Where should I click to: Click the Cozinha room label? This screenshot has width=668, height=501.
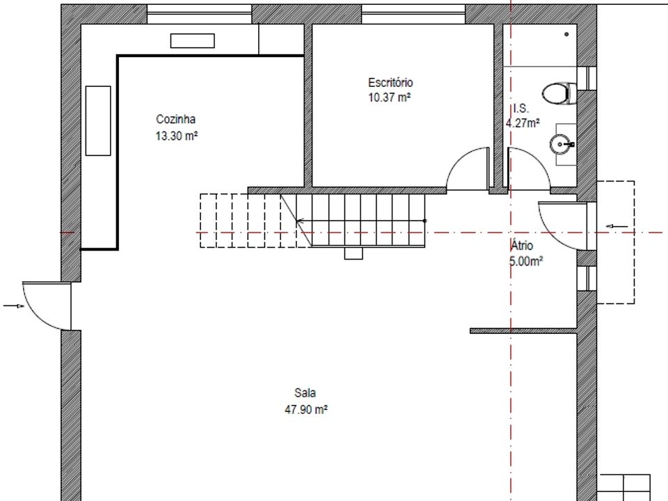(x=175, y=119)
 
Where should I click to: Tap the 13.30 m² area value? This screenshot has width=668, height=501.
(x=176, y=136)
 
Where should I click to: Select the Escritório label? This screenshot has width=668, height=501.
(x=390, y=82)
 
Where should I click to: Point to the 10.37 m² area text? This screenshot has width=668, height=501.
(x=390, y=97)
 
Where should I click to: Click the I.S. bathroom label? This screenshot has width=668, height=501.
(x=521, y=109)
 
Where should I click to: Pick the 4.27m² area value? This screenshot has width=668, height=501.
(x=523, y=123)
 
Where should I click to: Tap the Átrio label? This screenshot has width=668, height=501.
(x=522, y=246)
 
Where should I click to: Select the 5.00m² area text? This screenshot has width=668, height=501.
(x=526, y=261)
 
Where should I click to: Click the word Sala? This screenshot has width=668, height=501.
(x=305, y=392)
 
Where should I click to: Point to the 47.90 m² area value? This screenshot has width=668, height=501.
(x=306, y=410)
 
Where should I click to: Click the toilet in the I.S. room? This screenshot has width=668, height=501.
(x=559, y=93)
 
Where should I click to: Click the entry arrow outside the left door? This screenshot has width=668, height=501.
(x=14, y=305)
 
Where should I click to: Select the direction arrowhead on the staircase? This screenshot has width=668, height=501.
(x=299, y=221)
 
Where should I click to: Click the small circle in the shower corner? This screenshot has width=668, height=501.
(x=566, y=34)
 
